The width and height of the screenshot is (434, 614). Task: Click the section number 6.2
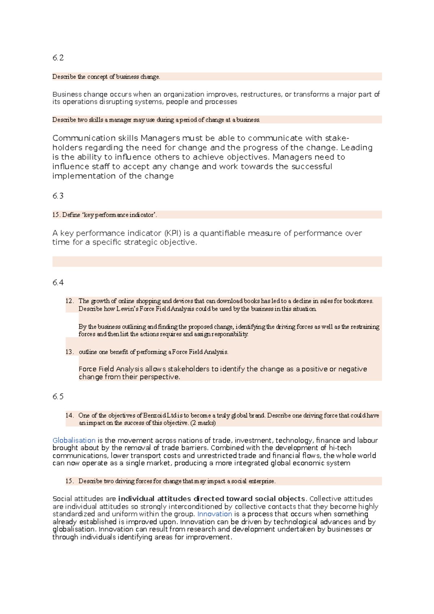(x=58, y=57)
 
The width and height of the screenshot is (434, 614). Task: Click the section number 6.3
(x=58, y=196)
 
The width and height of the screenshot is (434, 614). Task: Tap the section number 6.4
(x=58, y=282)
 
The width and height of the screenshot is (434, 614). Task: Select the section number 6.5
(x=58, y=396)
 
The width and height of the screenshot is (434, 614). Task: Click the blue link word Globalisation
(x=74, y=440)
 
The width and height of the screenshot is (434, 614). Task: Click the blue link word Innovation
(x=214, y=514)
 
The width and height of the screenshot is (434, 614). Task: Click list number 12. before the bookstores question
(x=69, y=301)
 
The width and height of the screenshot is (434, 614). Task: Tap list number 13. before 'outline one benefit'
(x=69, y=352)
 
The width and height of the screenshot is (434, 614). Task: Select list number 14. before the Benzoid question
(x=69, y=415)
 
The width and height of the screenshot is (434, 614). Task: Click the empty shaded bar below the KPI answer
(x=217, y=261)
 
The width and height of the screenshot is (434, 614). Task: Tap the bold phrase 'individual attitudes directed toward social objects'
(x=212, y=499)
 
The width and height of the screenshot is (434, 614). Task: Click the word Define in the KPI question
(x=71, y=215)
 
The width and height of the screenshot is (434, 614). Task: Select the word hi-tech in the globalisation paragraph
(x=340, y=448)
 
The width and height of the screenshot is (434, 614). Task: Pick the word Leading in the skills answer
(x=357, y=148)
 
